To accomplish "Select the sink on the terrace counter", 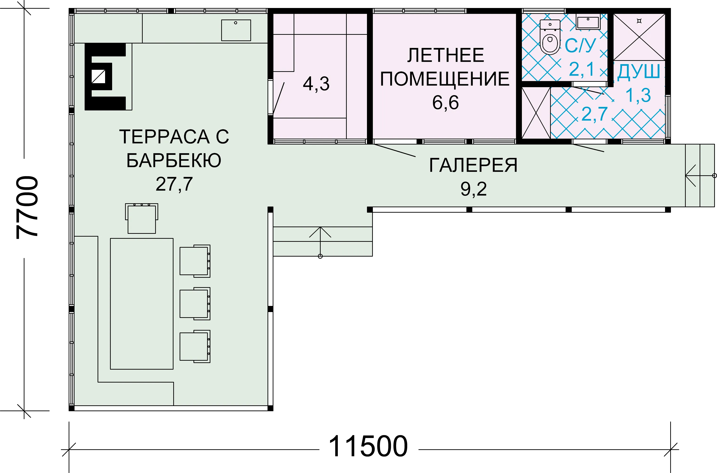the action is tap(236, 30).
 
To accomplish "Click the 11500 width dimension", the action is tap(368, 446).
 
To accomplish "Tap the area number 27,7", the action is tap(174, 184).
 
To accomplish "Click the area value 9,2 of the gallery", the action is tap(473, 189).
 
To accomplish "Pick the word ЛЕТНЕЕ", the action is tap(446, 55).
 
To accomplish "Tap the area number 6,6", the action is tap(445, 102).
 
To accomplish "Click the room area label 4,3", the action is tap(316, 84).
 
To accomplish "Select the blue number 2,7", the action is tap(594, 114).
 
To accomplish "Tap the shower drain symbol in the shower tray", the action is tap(639, 21).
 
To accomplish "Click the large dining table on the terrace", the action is tap(142, 304).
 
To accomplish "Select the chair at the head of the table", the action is tap(142, 218).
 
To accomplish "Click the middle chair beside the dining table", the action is tap(195, 304).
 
